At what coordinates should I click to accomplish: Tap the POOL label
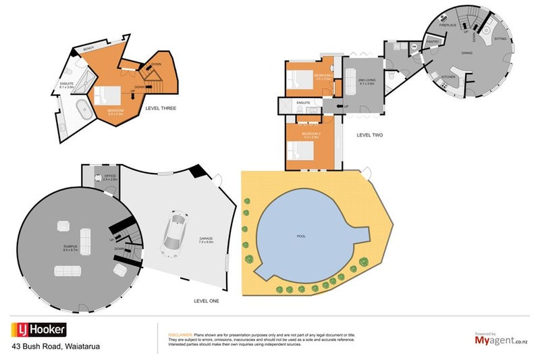(301, 237)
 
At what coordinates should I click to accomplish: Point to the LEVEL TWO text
(369, 135)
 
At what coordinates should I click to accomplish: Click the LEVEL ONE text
(205, 301)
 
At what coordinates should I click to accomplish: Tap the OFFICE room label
(109, 177)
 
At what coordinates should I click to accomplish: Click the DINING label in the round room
(466, 52)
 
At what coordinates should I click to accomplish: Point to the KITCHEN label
(449, 77)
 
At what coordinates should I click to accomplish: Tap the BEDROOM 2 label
(311, 134)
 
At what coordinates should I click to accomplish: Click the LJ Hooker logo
(38, 330)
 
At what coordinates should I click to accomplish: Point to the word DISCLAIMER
(180, 334)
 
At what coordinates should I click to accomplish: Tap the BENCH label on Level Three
(88, 49)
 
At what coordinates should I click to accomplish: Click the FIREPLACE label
(448, 25)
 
